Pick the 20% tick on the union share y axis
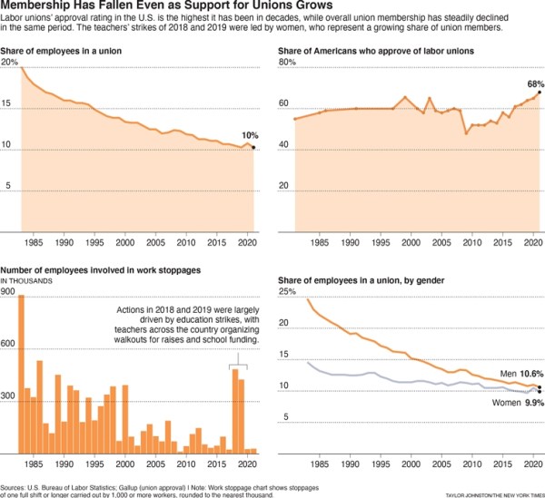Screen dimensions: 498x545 9,63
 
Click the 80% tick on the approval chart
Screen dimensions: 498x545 286,63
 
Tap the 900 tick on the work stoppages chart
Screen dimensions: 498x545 9,292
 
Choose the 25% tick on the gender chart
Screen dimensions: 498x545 287,292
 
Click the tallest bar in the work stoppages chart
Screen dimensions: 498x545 22,375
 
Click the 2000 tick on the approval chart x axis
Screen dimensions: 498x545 411,243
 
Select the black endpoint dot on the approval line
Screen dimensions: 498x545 540,93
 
